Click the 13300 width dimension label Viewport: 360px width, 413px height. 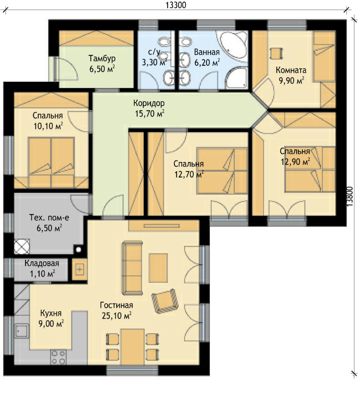(176, 5)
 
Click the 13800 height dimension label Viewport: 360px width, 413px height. (350, 196)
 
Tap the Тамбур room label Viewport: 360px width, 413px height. (102, 58)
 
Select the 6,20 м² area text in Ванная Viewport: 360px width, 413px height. (207, 63)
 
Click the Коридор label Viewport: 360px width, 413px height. (149, 103)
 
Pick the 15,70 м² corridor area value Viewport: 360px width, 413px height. (150, 113)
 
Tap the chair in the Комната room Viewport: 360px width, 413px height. (276, 54)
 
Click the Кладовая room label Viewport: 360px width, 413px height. (42, 263)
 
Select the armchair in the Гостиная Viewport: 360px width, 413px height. (165, 301)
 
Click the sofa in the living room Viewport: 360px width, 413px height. (132, 268)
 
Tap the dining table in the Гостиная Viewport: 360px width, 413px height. (132, 346)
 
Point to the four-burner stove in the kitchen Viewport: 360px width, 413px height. (58, 357)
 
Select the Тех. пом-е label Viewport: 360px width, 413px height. (49, 217)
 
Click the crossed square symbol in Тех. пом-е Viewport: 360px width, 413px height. (22, 246)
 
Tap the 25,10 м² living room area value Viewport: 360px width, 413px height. (117, 315)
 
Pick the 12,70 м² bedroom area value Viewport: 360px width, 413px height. (189, 174)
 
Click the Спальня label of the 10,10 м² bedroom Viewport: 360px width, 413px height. (48, 115)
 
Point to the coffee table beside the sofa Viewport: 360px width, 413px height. (158, 268)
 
